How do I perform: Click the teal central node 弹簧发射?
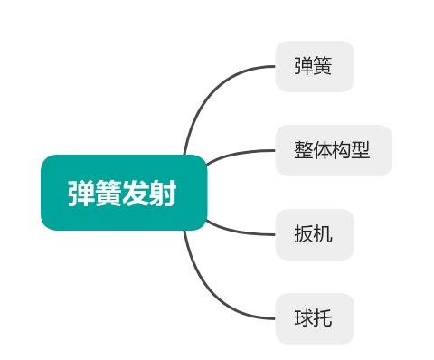point(124,193)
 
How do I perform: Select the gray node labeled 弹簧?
point(314,66)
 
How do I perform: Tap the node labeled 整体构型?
point(333,150)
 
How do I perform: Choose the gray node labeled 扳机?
point(314,234)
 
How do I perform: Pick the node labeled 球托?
point(314,318)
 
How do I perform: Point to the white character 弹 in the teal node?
point(82,194)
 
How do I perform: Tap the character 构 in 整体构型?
point(343,150)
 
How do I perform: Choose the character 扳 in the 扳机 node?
point(304,234)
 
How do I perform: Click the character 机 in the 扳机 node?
point(323,234)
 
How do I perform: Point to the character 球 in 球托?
point(304,318)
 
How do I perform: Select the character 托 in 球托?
point(323,318)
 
